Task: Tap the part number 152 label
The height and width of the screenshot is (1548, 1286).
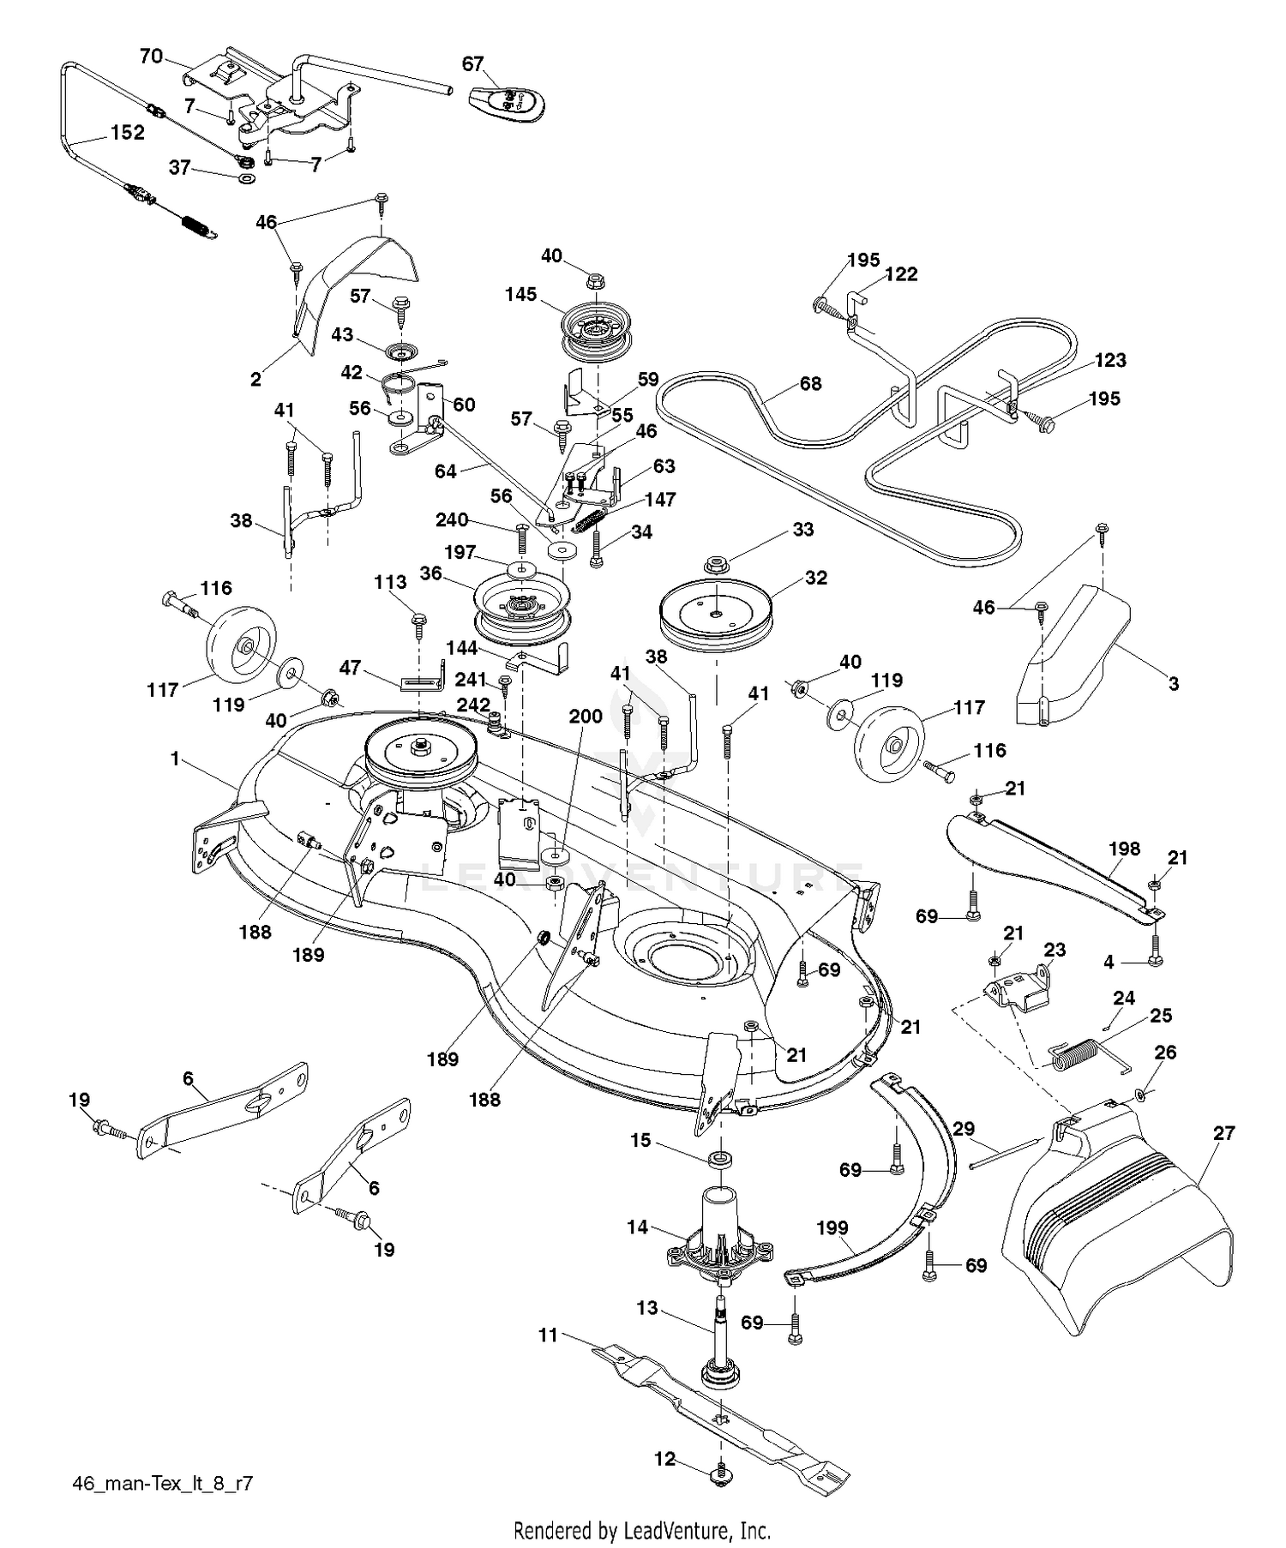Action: tap(128, 133)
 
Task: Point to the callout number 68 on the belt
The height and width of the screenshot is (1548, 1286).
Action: tap(810, 383)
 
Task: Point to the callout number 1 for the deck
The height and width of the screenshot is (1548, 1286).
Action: tap(175, 759)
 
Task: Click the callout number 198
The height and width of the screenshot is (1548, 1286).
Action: tap(1124, 849)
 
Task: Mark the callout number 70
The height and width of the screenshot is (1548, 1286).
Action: tap(151, 57)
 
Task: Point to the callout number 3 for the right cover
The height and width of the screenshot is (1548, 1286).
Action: tap(1173, 683)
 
